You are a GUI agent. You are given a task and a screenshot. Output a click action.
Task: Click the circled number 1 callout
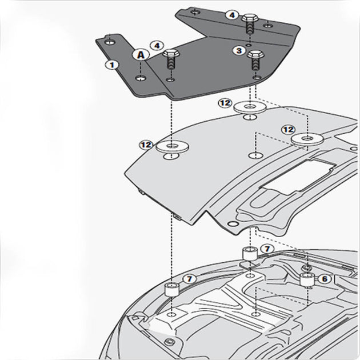[x=113, y=65]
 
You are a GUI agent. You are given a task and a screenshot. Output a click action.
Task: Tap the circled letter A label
[x=141, y=55]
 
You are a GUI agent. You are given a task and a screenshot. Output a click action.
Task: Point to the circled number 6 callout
[x=324, y=279]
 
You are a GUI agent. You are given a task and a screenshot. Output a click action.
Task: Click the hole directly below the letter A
[x=141, y=76]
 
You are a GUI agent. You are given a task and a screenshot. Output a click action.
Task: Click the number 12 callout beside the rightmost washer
[x=288, y=130]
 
